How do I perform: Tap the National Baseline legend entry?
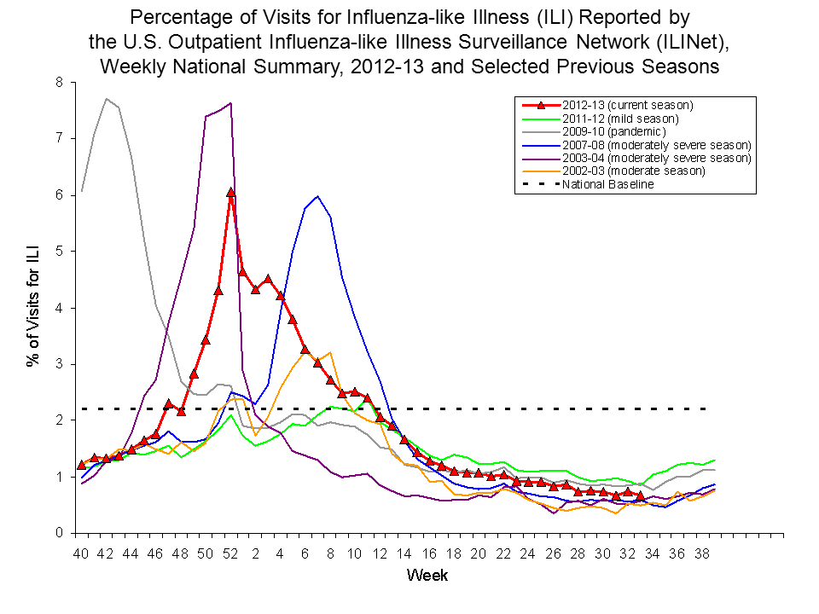pos(607,184)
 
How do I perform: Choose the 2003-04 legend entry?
pos(655,158)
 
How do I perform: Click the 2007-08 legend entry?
pos(655,144)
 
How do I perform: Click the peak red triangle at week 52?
pos(231,193)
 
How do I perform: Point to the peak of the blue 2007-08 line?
pos(317,196)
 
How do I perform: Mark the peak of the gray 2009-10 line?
pos(106,99)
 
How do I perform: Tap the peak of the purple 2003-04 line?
pos(231,103)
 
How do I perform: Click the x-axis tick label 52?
pos(230,553)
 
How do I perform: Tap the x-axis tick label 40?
pos(81,553)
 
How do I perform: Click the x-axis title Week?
pos(427,576)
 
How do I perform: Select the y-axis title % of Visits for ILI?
pos(34,307)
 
